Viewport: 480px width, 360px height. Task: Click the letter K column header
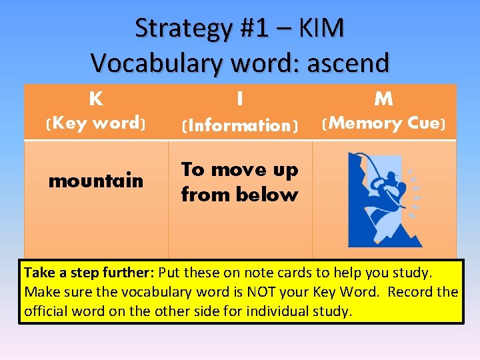[x=96, y=99]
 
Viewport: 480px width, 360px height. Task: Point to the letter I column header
[x=239, y=99]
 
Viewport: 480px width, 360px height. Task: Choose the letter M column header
[x=383, y=99]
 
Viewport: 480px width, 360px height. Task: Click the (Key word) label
[x=96, y=123]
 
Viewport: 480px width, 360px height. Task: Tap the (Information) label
[x=239, y=125]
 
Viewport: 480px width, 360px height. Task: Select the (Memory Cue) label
[x=383, y=123]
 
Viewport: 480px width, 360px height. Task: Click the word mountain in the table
[x=96, y=181]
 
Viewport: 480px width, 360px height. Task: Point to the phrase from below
[x=239, y=195]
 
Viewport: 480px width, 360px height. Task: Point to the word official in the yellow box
[x=49, y=311]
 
